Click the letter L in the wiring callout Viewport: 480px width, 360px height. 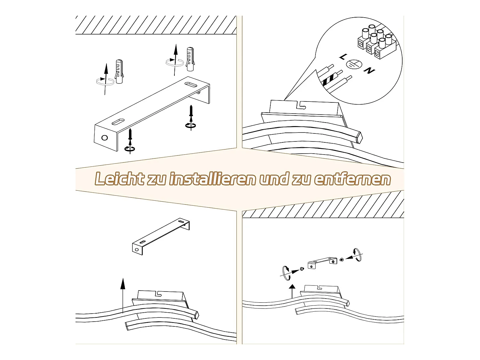pyautogui.click(x=343, y=57)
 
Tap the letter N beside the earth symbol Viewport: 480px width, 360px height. pyautogui.click(x=370, y=70)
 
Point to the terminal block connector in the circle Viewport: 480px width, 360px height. pyautogui.click(x=377, y=42)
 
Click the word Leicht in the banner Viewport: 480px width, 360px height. pyautogui.click(x=119, y=179)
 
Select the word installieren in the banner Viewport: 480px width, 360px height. pyautogui.click(x=212, y=179)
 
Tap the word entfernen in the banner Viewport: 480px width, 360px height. pyautogui.click(x=352, y=179)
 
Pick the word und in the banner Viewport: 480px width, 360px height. pyautogui.click(x=273, y=179)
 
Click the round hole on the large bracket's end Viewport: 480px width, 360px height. pyautogui.click(x=105, y=138)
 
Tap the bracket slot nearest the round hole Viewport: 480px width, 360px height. pyautogui.click(x=118, y=122)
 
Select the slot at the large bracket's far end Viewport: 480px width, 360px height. pyautogui.click(x=191, y=84)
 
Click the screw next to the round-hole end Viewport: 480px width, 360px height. pyautogui.click(x=130, y=135)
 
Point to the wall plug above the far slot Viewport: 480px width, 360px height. pyautogui.click(x=190, y=59)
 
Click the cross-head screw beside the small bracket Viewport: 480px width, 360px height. pyautogui.click(x=302, y=268)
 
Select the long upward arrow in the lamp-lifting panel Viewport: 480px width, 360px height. pyautogui.click(x=123, y=295)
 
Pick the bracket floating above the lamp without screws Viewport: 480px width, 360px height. pyautogui.click(x=161, y=236)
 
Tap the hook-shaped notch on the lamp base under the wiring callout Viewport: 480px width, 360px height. pyautogui.click(x=301, y=105)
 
